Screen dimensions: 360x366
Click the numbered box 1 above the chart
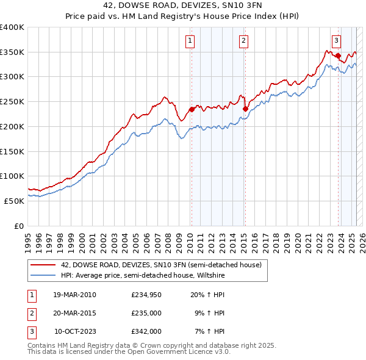click(x=190, y=41)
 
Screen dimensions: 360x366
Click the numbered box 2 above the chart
click(x=243, y=41)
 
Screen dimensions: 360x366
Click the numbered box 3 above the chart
click(x=336, y=41)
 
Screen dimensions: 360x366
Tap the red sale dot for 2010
click(x=192, y=110)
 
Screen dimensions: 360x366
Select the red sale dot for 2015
click(x=245, y=109)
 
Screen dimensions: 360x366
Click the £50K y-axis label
click(x=14, y=201)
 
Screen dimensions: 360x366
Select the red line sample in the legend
click(x=43, y=265)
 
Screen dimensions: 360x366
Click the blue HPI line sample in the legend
click(x=43, y=276)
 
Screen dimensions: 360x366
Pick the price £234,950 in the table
click(x=146, y=295)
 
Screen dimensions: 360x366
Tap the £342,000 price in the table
click(x=146, y=331)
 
